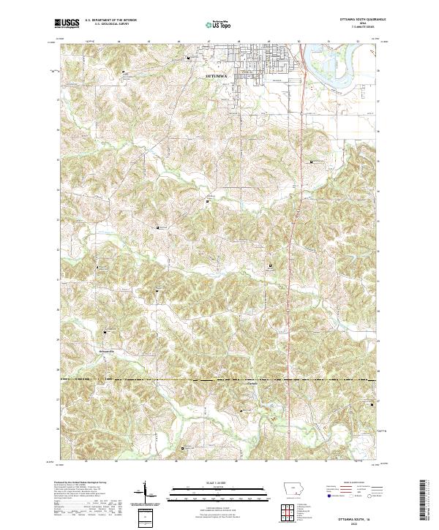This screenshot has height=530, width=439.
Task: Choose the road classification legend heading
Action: point(351,483)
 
